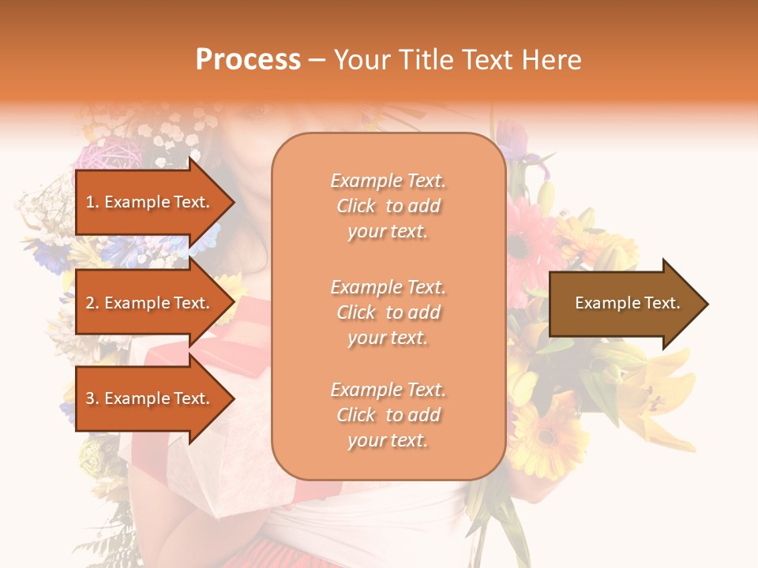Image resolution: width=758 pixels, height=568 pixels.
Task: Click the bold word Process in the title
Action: pyautogui.click(x=248, y=59)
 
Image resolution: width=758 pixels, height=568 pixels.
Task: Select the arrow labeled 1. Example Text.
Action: pyautogui.click(x=148, y=202)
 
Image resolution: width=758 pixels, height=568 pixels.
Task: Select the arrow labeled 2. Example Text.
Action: pyautogui.click(x=148, y=303)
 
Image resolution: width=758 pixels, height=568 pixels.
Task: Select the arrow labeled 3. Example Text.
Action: pyautogui.click(x=148, y=398)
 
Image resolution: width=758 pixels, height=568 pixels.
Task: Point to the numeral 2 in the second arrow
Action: pyautogui.click(x=90, y=303)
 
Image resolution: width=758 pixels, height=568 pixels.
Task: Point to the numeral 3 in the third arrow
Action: pyautogui.click(x=90, y=398)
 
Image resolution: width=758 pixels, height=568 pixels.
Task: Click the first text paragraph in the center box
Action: pyautogui.click(x=388, y=206)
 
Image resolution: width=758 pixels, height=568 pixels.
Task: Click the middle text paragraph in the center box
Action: pyautogui.click(x=388, y=312)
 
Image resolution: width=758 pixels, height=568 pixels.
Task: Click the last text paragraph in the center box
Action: pyautogui.click(x=388, y=415)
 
